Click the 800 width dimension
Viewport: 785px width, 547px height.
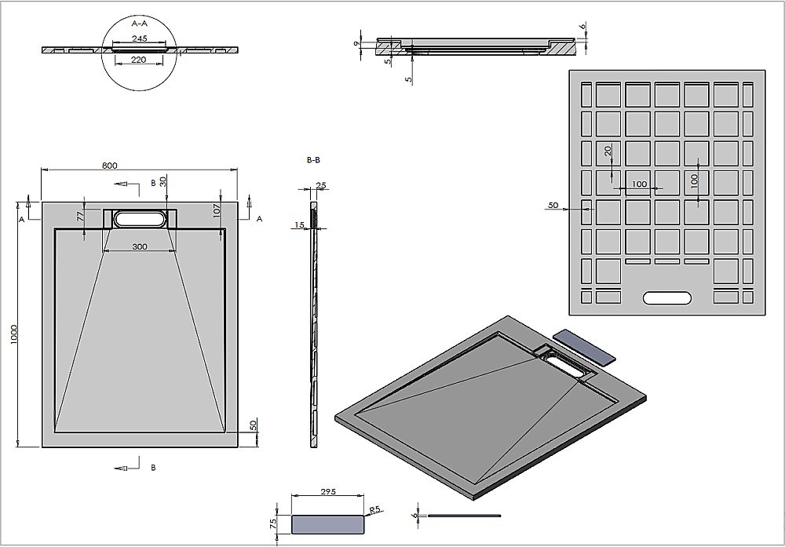pos(109,165)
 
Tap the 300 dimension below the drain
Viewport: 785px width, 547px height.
pos(139,247)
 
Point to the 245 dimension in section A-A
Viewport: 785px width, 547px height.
pos(141,38)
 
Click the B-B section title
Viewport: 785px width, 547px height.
pos(312,160)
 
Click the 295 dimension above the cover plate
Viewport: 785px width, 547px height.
pos(328,492)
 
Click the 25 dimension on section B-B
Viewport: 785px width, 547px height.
pos(320,186)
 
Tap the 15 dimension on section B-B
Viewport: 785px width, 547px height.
pos(300,226)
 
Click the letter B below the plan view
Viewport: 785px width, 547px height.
pos(153,468)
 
